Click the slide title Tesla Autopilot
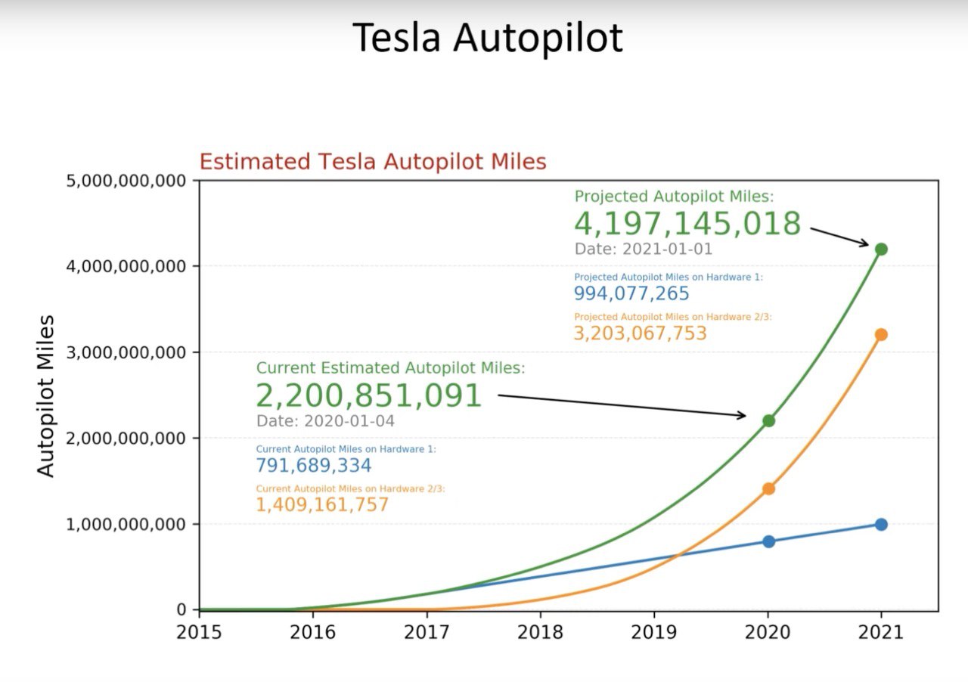pyautogui.click(x=488, y=38)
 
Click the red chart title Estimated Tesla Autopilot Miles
pyautogui.click(x=372, y=162)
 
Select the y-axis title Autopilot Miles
pyautogui.click(x=47, y=396)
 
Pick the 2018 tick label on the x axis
pyautogui.click(x=540, y=632)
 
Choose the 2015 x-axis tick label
pyautogui.click(x=199, y=632)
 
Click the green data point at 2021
pyautogui.click(x=881, y=249)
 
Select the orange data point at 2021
pyautogui.click(x=881, y=334)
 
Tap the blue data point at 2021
pyautogui.click(x=881, y=524)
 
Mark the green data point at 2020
pyautogui.click(x=768, y=420)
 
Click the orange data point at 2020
pyautogui.click(x=768, y=488)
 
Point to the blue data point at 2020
pyautogui.click(x=768, y=541)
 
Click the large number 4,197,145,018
pyautogui.click(x=687, y=224)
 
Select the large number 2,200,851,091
pyautogui.click(x=368, y=395)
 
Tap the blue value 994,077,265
pyautogui.click(x=631, y=293)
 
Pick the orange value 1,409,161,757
pyautogui.click(x=322, y=504)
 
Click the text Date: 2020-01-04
pyautogui.click(x=325, y=421)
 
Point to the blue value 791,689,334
pyautogui.click(x=314, y=465)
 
